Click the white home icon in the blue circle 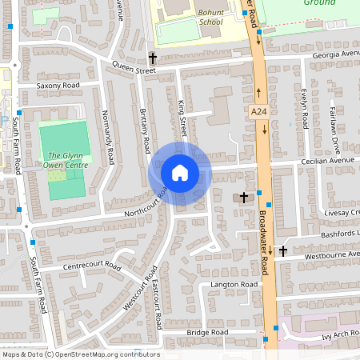click(x=180, y=173)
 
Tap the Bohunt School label click(x=211, y=17)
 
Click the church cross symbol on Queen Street click(x=152, y=58)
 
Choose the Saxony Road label click(x=58, y=84)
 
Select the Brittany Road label click(x=146, y=131)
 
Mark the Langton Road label click(x=233, y=285)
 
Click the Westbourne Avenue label click(x=328, y=255)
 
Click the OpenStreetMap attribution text click(x=81, y=354)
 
